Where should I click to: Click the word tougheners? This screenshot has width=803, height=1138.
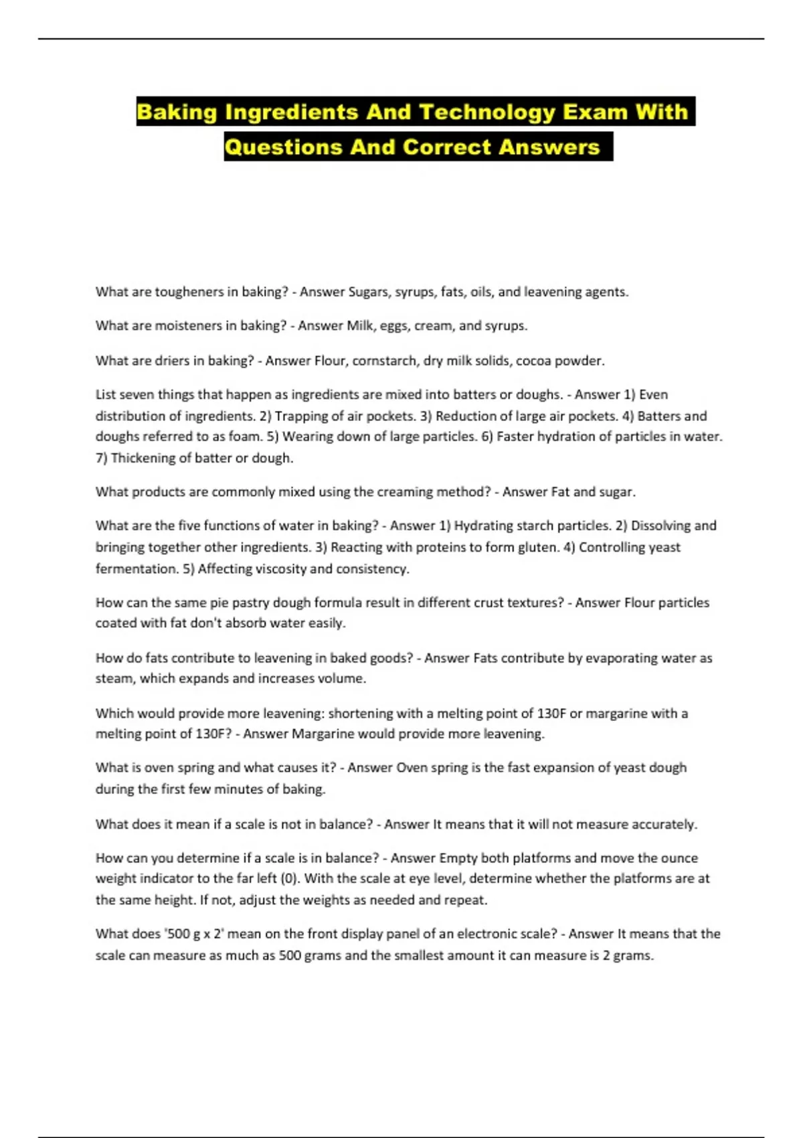(x=189, y=292)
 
